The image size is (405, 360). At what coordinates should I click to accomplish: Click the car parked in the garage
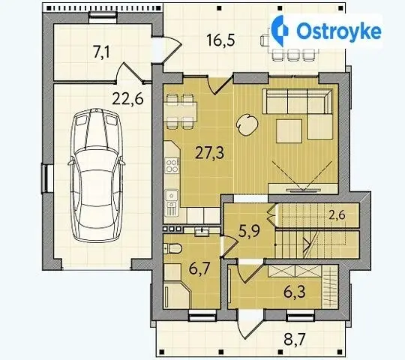(x=96, y=175)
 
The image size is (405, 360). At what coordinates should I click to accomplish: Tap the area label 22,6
(x=127, y=99)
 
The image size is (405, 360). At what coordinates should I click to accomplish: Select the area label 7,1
(x=102, y=52)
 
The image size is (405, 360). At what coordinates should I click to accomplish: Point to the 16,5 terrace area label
(x=220, y=40)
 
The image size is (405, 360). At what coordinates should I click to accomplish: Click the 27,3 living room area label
(x=209, y=153)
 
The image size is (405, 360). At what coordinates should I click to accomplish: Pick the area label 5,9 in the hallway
(x=249, y=231)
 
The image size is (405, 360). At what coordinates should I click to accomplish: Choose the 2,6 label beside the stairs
(x=337, y=214)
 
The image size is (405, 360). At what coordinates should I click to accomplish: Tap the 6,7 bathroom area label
(x=199, y=269)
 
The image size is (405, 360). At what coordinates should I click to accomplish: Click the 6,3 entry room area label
(x=295, y=292)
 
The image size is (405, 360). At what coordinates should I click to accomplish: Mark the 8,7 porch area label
(x=295, y=339)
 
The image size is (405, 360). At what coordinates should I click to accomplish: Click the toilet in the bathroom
(x=172, y=248)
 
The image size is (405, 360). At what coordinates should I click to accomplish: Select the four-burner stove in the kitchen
(x=172, y=166)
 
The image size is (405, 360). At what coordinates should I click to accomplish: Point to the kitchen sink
(x=172, y=195)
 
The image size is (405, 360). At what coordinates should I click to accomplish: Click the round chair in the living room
(x=247, y=125)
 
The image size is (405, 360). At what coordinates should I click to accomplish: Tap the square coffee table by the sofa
(x=289, y=131)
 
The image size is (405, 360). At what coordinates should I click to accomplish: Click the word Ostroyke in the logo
(x=339, y=31)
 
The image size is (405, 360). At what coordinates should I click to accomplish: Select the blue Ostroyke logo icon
(x=280, y=31)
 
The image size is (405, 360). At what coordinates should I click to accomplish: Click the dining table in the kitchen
(x=181, y=112)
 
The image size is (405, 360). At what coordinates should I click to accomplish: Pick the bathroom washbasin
(x=202, y=232)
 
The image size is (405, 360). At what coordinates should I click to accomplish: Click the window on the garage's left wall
(x=45, y=179)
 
